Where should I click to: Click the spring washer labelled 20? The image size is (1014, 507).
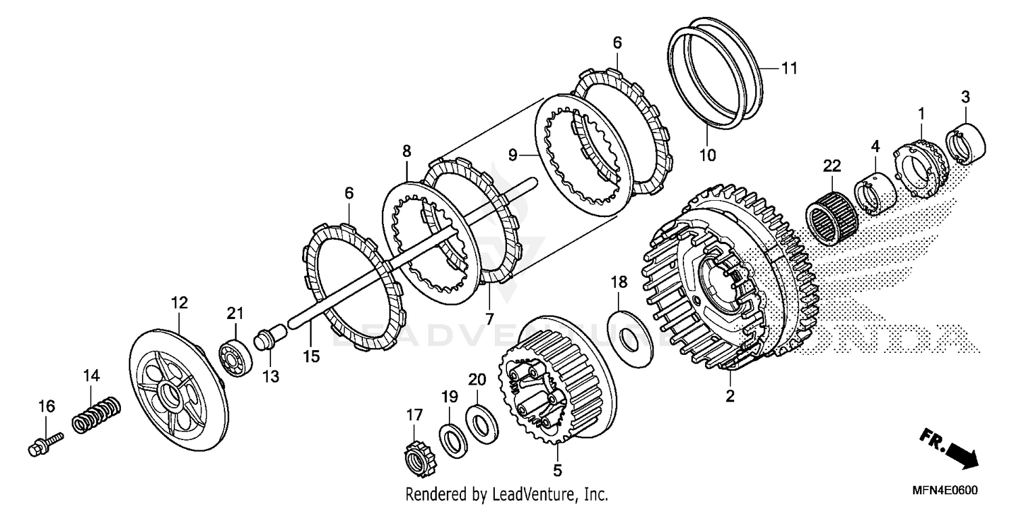pyautogui.click(x=481, y=424)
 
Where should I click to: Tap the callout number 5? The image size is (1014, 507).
pyautogui.click(x=557, y=468)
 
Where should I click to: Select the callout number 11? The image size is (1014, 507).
pyautogui.click(x=790, y=68)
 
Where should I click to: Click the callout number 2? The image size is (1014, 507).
pyautogui.click(x=730, y=397)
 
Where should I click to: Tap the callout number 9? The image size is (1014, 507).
pyautogui.click(x=513, y=155)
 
